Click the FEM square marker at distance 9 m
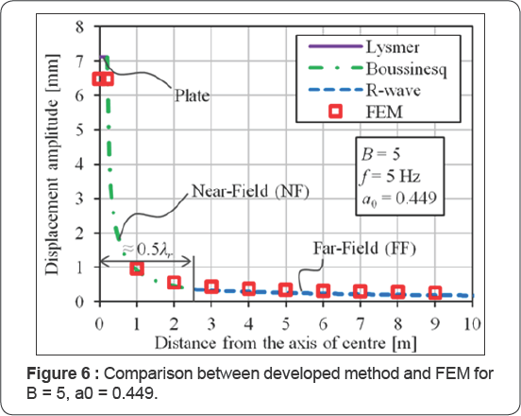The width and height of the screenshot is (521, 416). coord(435,294)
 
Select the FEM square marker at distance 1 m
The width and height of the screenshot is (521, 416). coord(137,269)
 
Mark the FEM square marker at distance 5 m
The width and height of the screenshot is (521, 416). coord(286,289)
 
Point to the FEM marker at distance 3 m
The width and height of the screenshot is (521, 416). coord(211,286)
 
